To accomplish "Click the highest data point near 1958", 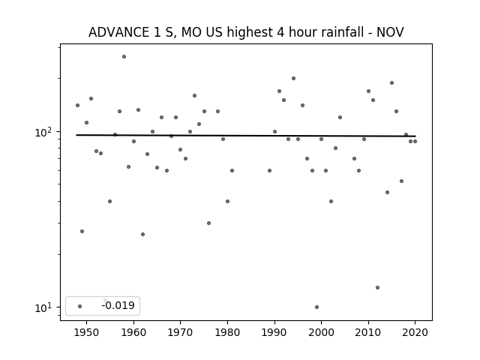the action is point(124,57).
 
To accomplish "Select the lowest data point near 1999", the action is point(316,307).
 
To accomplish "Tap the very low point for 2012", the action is point(377,287).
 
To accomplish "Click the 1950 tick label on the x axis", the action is point(87,332).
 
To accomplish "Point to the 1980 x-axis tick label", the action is point(227,332).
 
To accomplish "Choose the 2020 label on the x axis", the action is point(415,332).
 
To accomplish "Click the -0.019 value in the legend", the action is point(118,305).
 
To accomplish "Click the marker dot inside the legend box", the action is point(80,306).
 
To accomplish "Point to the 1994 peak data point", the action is point(293,78).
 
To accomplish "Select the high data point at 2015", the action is point(391,83).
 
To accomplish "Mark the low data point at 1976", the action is point(208,223).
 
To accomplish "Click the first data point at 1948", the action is point(77,105).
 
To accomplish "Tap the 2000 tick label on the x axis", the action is point(321,332).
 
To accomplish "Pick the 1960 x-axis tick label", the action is point(133,332).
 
